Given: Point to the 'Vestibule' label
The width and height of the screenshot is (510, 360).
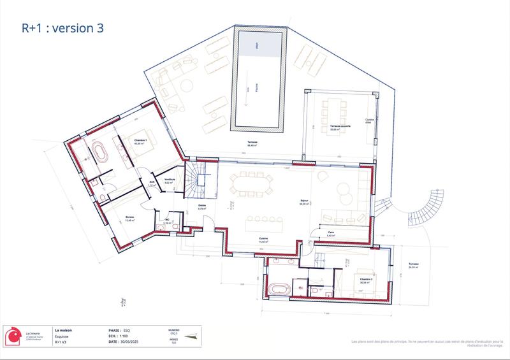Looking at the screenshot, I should [x=170, y=180].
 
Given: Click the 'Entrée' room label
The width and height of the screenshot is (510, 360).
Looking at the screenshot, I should [x=201, y=206].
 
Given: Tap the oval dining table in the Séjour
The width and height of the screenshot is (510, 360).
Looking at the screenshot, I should [x=252, y=184].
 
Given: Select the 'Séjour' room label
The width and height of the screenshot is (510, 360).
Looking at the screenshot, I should [x=304, y=202].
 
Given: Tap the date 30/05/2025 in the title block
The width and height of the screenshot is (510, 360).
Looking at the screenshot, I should [x=138, y=342].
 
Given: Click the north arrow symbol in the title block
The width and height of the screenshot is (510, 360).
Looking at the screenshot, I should [x=190, y=336].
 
